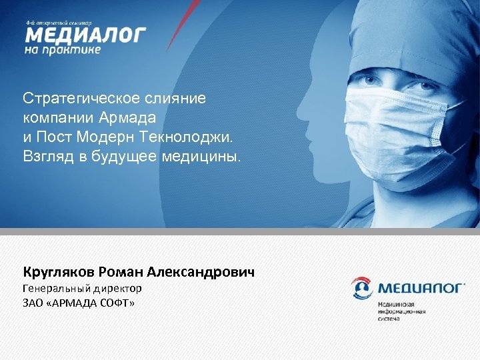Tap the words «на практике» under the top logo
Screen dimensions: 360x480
point(63,49)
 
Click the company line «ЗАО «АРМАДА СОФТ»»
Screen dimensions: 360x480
point(79,303)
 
